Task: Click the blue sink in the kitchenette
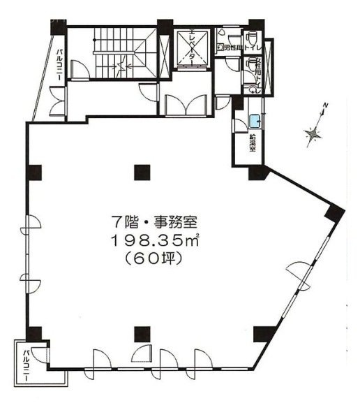255,119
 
